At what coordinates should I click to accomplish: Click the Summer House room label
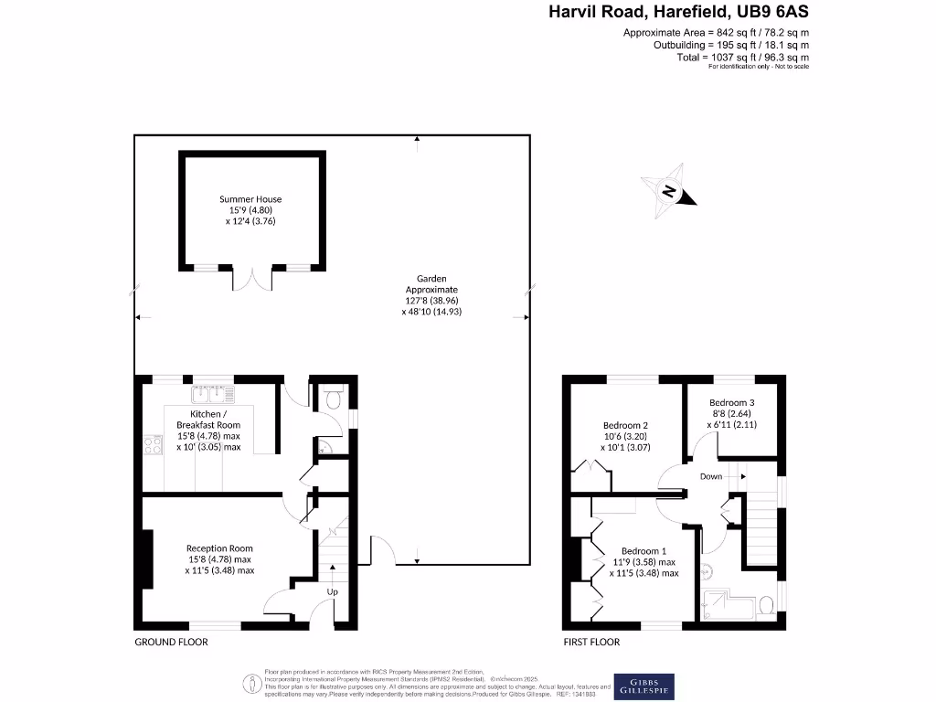250,199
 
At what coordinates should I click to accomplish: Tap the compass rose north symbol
670,191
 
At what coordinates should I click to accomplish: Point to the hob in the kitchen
150,446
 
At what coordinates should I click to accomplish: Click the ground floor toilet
334,398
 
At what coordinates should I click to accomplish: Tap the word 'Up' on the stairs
333,591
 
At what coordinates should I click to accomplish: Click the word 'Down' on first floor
711,476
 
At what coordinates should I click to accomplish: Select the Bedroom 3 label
732,402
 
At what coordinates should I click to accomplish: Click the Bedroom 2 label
625,425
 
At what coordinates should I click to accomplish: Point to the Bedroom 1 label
644,551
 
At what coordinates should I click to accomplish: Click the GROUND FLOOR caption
172,643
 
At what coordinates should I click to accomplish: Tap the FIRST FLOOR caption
590,643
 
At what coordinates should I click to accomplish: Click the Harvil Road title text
678,12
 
